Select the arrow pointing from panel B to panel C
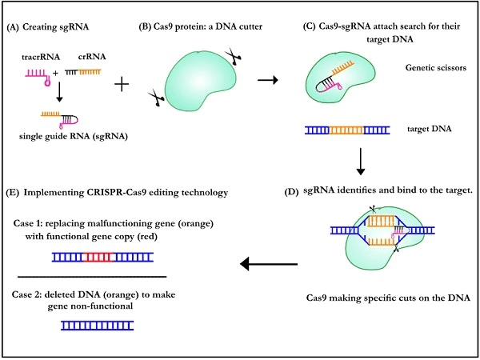coord(266,80)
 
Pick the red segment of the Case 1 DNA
coord(96,257)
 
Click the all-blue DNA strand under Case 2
coord(97,325)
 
